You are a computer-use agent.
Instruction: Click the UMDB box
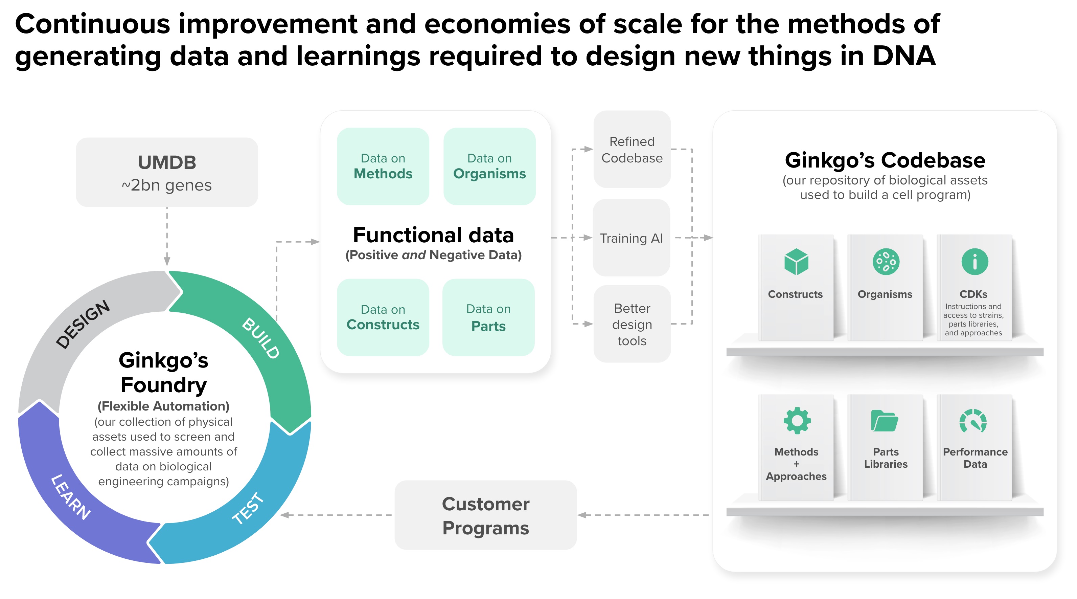point(167,172)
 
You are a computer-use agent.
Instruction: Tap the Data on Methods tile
point(383,167)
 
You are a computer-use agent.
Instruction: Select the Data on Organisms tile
point(489,167)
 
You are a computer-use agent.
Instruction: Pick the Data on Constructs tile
point(383,317)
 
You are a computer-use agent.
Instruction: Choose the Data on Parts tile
point(488,317)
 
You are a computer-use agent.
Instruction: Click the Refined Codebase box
point(632,149)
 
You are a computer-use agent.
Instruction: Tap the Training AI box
point(631,238)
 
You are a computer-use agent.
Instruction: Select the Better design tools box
point(632,324)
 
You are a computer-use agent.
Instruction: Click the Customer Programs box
point(485,515)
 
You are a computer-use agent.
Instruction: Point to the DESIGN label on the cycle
point(83,324)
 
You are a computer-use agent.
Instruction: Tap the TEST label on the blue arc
point(248,508)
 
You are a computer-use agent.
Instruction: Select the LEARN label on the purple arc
point(70,497)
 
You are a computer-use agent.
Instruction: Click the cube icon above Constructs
point(796,262)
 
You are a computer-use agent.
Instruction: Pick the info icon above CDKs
point(975,262)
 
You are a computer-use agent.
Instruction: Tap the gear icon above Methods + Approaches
point(797,420)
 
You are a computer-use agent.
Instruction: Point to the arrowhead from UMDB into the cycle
point(167,262)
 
